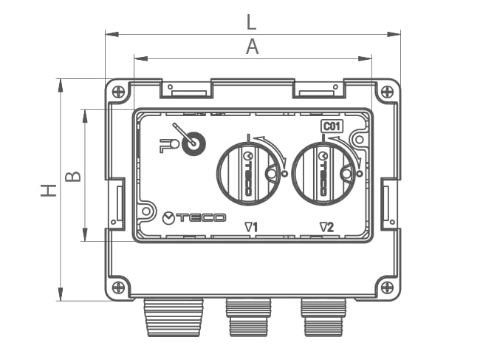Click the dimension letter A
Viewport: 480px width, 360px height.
[x=252, y=47]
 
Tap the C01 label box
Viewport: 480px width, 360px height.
[x=332, y=126]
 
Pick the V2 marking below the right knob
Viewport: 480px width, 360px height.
[x=326, y=227]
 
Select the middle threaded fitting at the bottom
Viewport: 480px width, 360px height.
[x=247, y=316]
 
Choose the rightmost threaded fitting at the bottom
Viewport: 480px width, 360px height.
[x=322, y=316]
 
